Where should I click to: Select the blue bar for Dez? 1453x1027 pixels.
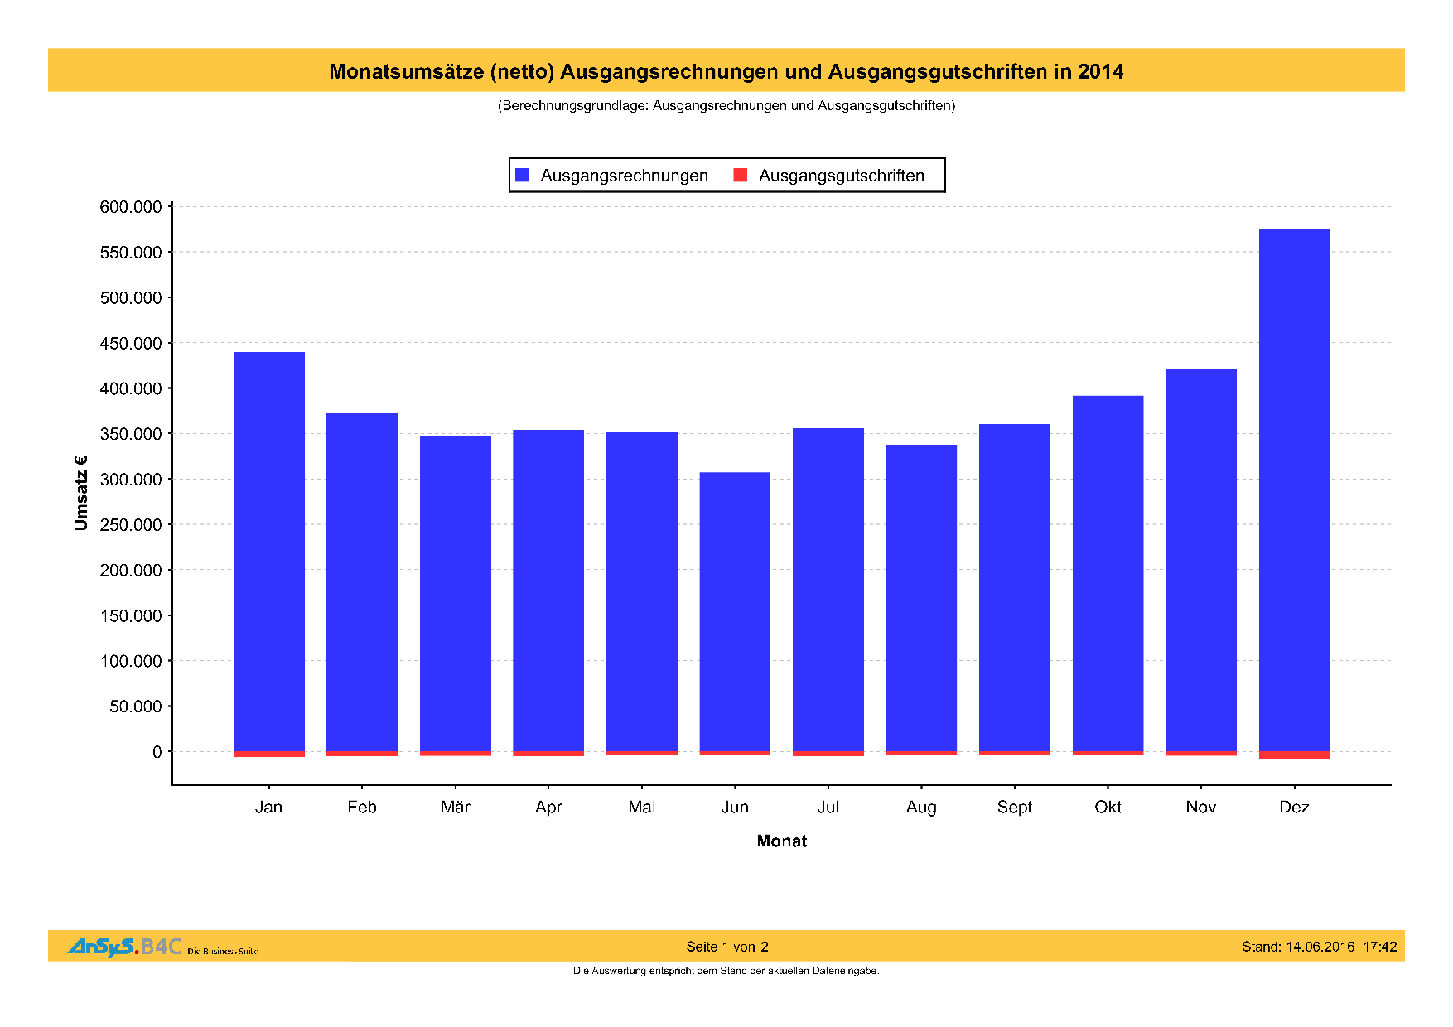click(x=1294, y=489)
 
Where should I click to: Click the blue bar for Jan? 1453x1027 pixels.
click(x=269, y=551)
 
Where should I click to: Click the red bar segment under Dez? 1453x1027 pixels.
click(x=1294, y=755)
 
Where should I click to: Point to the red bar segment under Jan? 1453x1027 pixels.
click(x=269, y=755)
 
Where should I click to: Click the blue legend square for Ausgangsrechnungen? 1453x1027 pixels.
click(x=523, y=175)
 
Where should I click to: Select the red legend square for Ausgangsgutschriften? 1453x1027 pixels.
click(x=741, y=175)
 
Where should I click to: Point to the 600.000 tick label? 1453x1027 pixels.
click(x=131, y=207)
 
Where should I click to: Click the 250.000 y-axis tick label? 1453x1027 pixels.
click(x=131, y=525)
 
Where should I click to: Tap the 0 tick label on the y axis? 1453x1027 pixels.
click(x=157, y=752)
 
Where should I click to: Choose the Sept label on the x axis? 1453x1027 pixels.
click(x=1015, y=808)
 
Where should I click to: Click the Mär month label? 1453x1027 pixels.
click(x=456, y=808)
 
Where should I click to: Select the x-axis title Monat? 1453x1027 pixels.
click(x=781, y=841)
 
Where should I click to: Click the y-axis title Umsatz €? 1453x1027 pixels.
click(x=80, y=493)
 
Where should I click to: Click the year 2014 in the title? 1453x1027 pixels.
click(x=1100, y=72)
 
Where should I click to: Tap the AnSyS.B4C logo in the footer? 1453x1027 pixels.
click(x=124, y=947)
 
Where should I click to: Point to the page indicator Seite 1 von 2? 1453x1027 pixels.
click(x=727, y=947)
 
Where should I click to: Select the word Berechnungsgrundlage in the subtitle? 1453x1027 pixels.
click(x=573, y=106)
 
